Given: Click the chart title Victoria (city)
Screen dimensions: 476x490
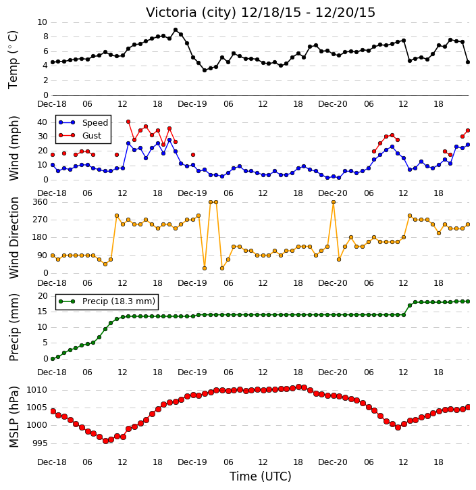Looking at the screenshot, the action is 191,13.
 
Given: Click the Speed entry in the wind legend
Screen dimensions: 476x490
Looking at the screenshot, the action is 95,123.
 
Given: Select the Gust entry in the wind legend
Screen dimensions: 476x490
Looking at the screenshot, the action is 92,136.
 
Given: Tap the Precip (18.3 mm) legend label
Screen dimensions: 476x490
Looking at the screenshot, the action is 119,301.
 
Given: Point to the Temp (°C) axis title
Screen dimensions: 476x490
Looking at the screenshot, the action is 13,59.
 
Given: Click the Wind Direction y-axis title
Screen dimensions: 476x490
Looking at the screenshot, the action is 14,238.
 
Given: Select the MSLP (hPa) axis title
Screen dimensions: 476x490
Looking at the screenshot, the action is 14,417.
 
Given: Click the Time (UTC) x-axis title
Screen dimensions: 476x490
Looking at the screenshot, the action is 261,476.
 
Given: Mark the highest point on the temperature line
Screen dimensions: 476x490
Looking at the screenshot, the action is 176,30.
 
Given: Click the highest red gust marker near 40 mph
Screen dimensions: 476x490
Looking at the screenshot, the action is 128,122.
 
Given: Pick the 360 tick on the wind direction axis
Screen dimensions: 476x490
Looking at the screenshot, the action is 41,202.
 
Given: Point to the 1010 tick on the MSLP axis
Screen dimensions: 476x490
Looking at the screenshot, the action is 37,390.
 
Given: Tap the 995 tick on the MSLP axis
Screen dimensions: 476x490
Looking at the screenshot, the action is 41,443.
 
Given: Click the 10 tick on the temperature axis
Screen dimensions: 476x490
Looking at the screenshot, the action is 42,22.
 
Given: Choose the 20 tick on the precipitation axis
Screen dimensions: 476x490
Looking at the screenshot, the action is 43,296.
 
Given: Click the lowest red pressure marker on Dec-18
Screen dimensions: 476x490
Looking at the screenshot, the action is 105,441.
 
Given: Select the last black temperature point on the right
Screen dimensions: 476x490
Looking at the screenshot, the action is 468,62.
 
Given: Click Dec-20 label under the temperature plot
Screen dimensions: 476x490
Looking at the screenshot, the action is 333,104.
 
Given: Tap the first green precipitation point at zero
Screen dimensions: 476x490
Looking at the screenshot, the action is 53,359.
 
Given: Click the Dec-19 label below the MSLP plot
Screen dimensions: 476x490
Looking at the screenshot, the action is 192,462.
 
